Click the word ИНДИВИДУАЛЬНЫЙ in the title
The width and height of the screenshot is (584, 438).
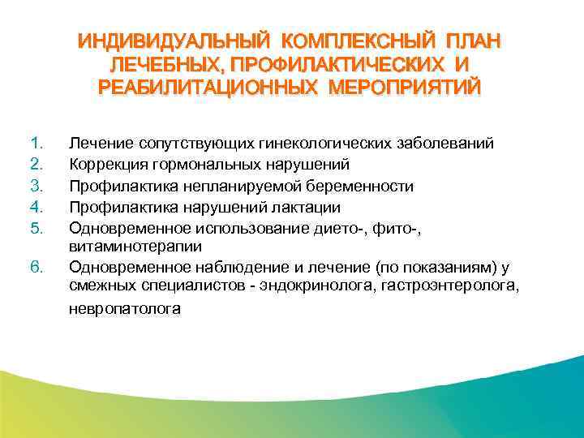tap(173, 41)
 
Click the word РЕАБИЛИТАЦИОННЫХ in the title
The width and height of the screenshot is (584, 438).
tap(209, 85)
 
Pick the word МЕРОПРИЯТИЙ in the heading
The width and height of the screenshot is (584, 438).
tap(405, 85)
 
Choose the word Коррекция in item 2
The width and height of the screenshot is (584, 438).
tap(107, 165)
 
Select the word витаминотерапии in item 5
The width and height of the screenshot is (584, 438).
tap(135, 245)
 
